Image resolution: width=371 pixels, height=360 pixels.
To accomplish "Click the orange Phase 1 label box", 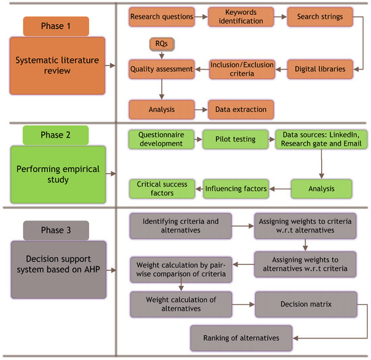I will coord(57,26).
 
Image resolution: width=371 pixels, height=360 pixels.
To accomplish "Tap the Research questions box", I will coord(161,16).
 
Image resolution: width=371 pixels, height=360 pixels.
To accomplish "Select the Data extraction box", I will coord(240,109).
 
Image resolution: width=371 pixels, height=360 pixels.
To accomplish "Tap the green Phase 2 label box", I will coord(57,133).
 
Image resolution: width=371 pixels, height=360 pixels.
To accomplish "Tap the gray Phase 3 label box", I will coord(57,229).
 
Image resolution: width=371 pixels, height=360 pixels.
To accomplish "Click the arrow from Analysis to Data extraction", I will coord(200,109).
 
